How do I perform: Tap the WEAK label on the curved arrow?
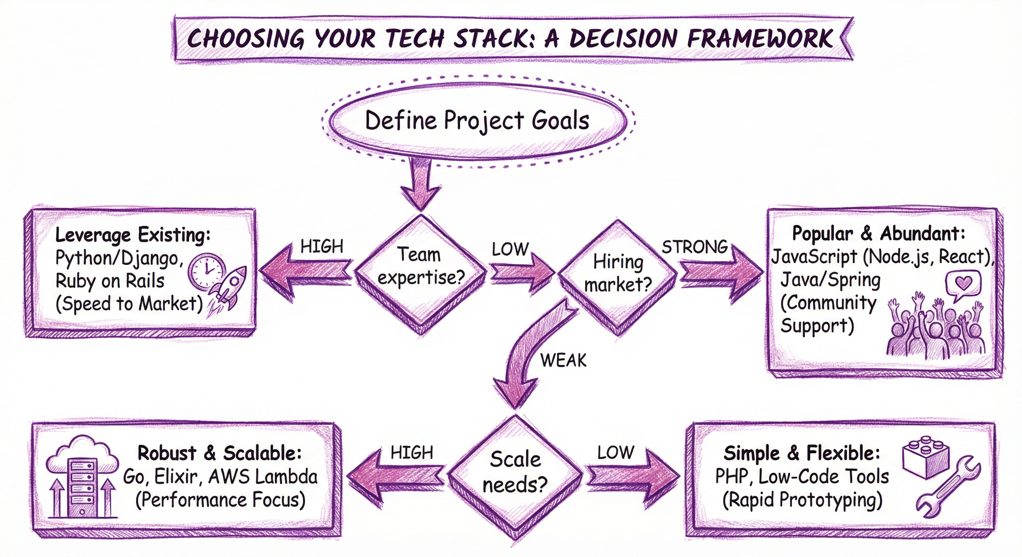(x=563, y=360)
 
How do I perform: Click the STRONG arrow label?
(x=694, y=247)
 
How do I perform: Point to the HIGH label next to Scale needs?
(x=412, y=452)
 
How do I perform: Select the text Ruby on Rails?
(x=110, y=281)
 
